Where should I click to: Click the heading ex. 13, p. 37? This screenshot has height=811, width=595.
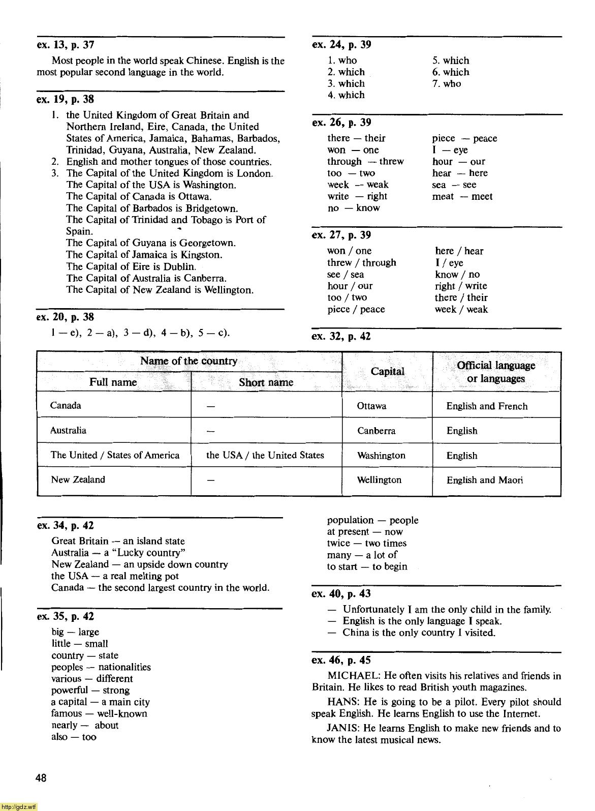pyautogui.click(x=66, y=45)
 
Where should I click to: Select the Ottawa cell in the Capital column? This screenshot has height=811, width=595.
pyautogui.click(x=371, y=406)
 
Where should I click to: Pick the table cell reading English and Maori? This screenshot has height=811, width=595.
pyautogui.click(x=484, y=480)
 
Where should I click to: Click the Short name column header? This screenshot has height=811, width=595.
pyautogui.click(x=266, y=382)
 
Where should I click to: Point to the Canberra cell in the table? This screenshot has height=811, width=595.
pyautogui.click(x=376, y=431)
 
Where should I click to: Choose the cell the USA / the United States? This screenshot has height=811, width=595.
pyautogui.click(x=265, y=455)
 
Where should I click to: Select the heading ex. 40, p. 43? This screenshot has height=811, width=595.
pyautogui.click(x=341, y=594)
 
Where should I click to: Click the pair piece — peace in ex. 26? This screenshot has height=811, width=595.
pyautogui.click(x=464, y=138)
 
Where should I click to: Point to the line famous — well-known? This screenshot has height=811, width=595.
pyautogui.click(x=99, y=713)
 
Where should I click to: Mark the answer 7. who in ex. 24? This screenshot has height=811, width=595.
pyautogui.click(x=447, y=84)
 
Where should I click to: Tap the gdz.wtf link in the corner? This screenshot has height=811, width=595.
pyautogui.click(x=19, y=806)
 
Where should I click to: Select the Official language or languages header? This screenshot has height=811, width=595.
pyautogui.click(x=495, y=372)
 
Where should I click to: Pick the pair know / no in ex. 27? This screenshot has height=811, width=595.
pyautogui.click(x=457, y=275)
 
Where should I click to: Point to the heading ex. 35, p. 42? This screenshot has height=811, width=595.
pyautogui.click(x=66, y=617)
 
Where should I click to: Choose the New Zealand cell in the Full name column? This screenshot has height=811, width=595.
pyautogui.click(x=78, y=479)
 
